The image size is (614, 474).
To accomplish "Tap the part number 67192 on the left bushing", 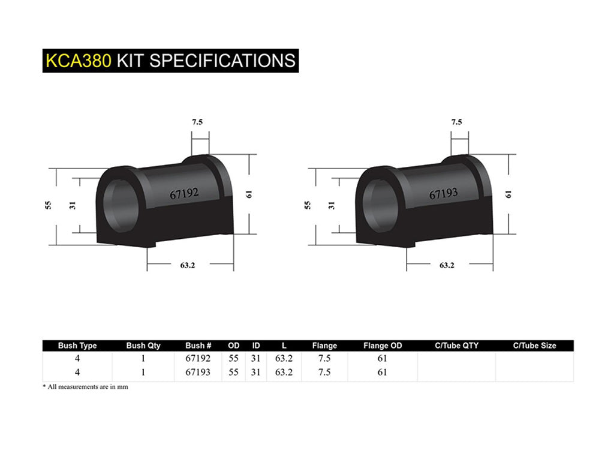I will pos(183,194).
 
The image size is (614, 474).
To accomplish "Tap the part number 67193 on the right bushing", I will pos(443,193).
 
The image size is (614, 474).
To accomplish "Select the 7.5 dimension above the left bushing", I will pos(197,122).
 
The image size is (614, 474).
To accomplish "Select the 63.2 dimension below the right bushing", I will pos(447,265).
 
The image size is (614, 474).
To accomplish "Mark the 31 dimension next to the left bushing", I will pos(73,205).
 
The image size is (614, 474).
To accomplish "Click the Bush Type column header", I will pos(77,346).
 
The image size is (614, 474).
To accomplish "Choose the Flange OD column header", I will pos(383,346).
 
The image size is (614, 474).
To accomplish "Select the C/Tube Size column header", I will pos(534,346).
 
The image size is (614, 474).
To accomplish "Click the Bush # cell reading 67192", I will pos(198,359).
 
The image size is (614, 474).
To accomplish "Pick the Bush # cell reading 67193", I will pos(198,372).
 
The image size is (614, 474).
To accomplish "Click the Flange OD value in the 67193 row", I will pos(383,372).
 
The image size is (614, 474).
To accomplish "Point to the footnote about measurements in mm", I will pos(85,387).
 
